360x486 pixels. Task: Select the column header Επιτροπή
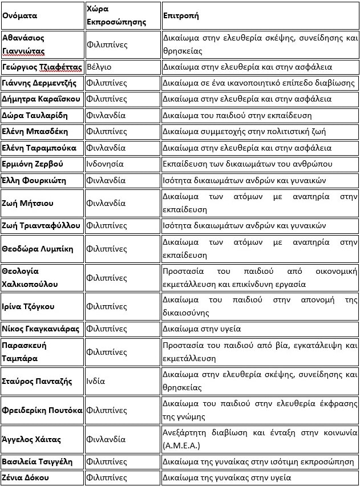pyautogui.click(x=181, y=15)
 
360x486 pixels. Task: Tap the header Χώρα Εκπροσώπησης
pyautogui.click(x=116, y=15)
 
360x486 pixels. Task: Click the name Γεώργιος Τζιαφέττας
pyautogui.click(x=42, y=67)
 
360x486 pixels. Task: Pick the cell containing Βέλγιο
pyautogui.click(x=99, y=67)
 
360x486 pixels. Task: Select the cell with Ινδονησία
pyautogui.click(x=105, y=164)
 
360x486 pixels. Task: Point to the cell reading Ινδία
pyautogui.click(x=96, y=381)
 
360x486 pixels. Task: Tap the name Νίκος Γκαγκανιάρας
pyautogui.click(x=41, y=329)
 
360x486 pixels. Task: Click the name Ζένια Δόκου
pyautogui.click(x=26, y=477)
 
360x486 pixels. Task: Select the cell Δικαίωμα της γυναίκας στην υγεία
pyautogui.click(x=226, y=477)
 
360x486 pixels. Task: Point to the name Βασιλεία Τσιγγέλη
pyautogui.click(x=37, y=461)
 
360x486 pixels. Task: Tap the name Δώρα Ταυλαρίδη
pyautogui.click(x=35, y=115)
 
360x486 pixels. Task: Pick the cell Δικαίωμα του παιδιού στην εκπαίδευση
pyautogui.click(x=237, y=115)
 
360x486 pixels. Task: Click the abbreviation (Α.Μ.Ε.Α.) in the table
pyautogui.click(x=180, y=445)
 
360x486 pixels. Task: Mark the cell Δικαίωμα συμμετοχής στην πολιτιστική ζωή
pyautogui.click(x=244, y=131)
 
